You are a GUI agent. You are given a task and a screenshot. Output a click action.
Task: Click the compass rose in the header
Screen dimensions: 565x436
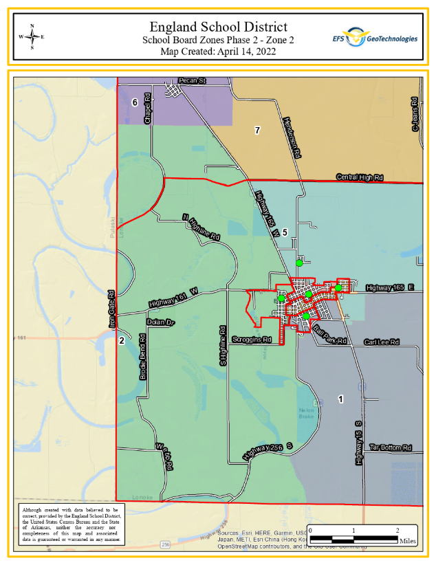(x=32, y=36)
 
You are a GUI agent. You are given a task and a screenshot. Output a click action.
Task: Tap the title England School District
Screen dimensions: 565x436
(x=218, y=27)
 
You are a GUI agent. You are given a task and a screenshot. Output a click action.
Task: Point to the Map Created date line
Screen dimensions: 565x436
(x=218, y=52)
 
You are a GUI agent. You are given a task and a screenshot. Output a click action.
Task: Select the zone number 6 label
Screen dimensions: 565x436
(x=135, y=102)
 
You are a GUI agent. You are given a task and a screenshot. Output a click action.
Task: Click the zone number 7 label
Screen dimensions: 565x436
(x=257, y=130)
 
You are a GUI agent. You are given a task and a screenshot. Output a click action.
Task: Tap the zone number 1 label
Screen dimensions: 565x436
(x=340, y=398)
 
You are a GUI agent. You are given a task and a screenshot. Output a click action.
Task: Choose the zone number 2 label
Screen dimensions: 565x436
(x=122, y=340)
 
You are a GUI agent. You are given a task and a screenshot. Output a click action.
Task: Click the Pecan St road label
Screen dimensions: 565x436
(x=192, y=81)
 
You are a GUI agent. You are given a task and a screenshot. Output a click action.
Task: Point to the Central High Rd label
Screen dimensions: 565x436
(x=359, y=177)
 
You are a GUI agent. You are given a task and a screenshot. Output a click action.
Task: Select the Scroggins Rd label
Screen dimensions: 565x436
(x=252, y=340)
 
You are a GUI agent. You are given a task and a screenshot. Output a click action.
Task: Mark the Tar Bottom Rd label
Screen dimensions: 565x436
(x=390, y=447)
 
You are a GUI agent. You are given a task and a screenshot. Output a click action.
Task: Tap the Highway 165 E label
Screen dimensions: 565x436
(x=390, y=287)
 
